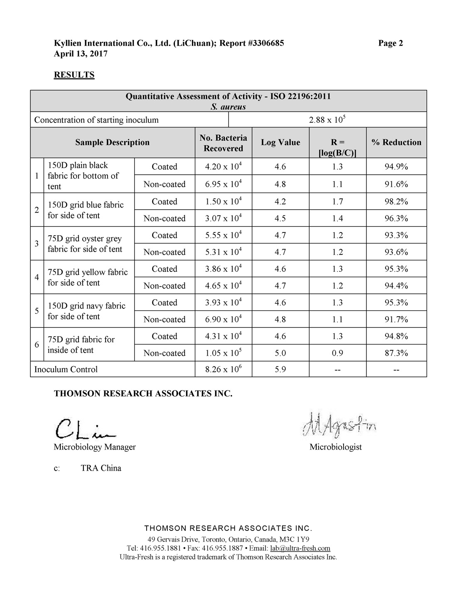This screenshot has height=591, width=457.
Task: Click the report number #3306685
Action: coord(265,43)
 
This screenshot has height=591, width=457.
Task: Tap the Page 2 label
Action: coord(390,43)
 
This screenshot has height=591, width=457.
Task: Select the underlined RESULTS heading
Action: coord(74,75)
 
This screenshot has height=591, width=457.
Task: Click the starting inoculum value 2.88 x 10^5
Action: coord(327,120)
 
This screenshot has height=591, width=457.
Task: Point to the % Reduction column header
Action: coord(396,142)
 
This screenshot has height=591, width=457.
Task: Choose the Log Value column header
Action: coord(280,142)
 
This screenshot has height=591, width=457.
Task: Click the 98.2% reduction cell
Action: coord(396,202)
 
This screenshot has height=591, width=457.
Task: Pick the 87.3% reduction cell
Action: coord(396,353)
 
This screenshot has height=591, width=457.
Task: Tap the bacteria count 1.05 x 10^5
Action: coord(224,353)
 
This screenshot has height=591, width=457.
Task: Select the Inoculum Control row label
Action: coord(66,369)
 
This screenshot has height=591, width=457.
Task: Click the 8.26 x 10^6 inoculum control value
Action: coord(224,369)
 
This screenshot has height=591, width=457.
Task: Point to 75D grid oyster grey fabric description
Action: coord(85,244)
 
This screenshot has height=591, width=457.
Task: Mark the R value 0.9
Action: coord(337,353)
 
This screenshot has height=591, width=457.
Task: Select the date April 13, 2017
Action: coord(81,54)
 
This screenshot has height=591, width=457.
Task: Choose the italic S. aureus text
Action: coord(228,107)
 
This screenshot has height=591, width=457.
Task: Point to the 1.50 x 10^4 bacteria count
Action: coord(224,202)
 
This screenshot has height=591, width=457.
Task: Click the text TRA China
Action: coord(101,468)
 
